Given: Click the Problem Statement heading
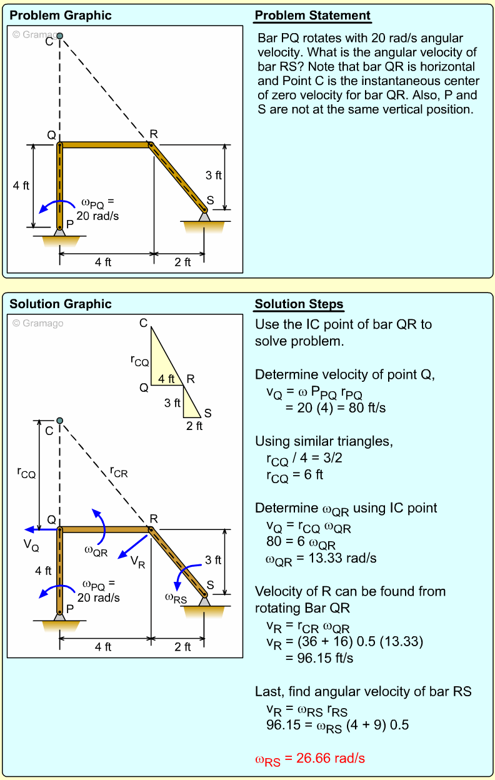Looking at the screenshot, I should (x=312, y=16).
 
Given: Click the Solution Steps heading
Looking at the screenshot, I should (x=299, y=304).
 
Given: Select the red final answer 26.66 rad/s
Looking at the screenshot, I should (x=310, y=759).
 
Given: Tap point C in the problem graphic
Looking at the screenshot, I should (x=60, y=36).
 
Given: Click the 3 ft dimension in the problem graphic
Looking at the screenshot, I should (x=214, y=176).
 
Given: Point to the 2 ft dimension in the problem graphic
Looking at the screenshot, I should (x=182, y=262).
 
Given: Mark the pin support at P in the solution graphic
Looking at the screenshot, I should (x=60, y=615).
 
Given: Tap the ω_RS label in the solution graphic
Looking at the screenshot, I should (x=176, y=598).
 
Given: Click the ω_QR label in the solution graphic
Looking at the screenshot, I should (x=96, y=551).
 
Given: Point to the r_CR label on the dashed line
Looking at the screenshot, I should (x=119, y=473).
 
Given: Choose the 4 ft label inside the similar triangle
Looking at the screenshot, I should (x=166, y=379).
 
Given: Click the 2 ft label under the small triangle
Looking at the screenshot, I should (x=194, y=426).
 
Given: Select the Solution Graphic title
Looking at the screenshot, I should (x=61, y=304).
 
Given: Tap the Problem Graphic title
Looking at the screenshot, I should (x=61, y=16).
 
